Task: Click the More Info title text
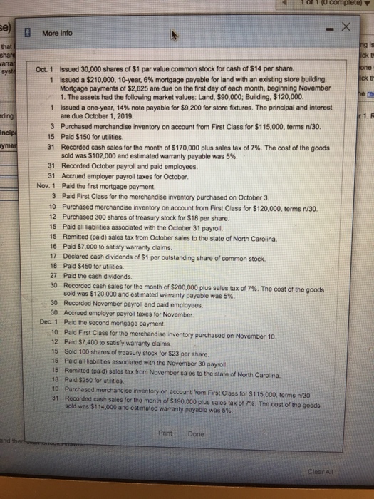click(x=60, y=33)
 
